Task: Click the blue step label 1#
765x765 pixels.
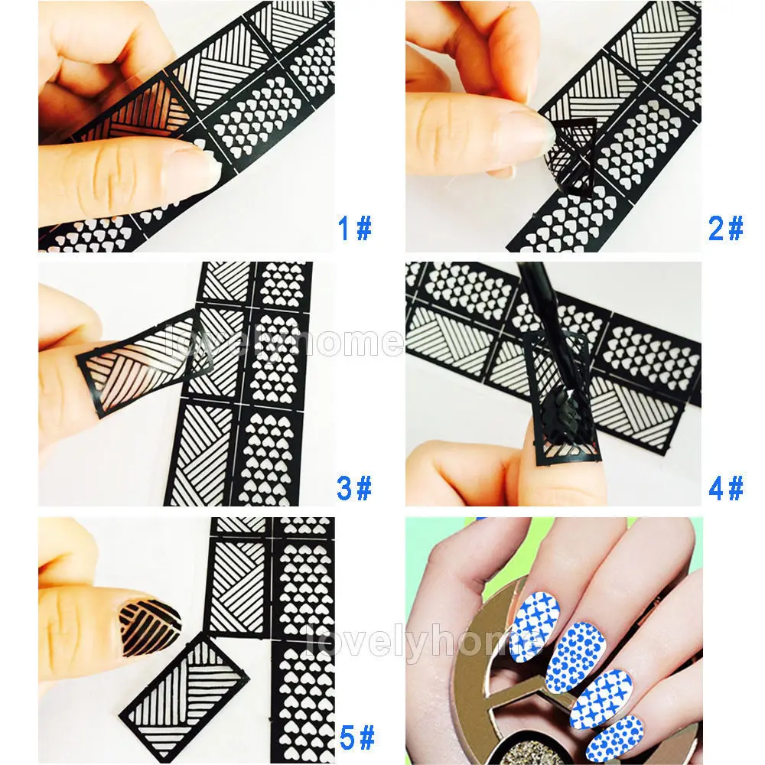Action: click(x=354, y=228)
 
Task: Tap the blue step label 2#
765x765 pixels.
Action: click(x=725, y=228)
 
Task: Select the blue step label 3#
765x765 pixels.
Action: click(x=354, y=487)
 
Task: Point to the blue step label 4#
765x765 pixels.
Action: click(x=725, y=487)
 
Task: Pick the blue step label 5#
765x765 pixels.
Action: click(x=356, y=738)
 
